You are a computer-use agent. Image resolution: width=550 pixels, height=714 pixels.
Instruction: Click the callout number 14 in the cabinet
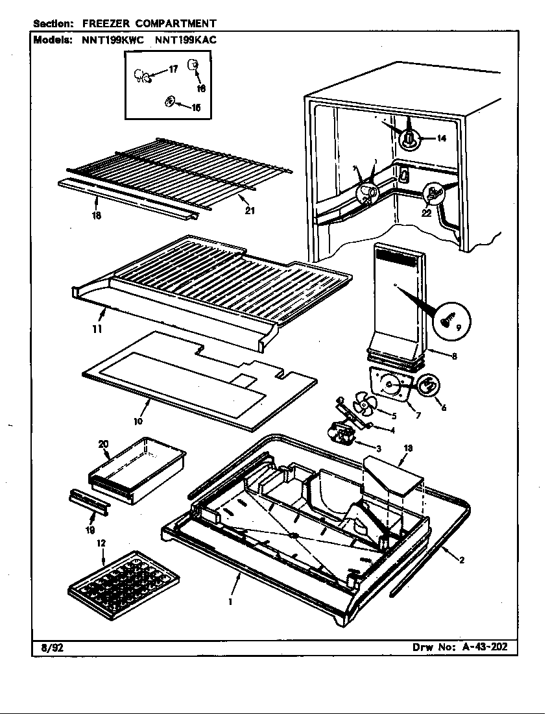[x=441, y=138]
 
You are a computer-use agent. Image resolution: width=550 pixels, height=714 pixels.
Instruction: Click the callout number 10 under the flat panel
[x=138, y=421]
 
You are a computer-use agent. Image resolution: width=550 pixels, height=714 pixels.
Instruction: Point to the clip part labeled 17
[x=142, y=77]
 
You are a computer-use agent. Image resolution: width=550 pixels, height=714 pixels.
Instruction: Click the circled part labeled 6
[x=427, y=386]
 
